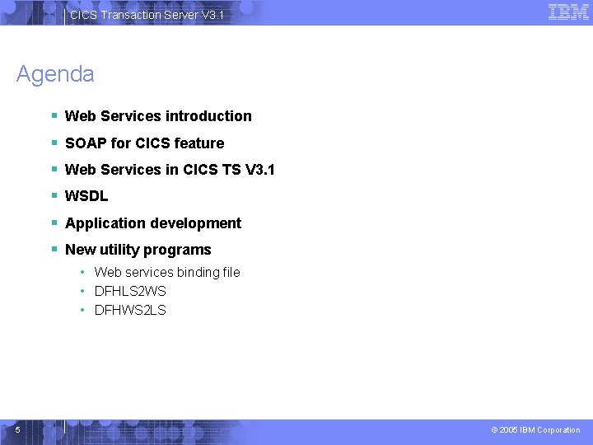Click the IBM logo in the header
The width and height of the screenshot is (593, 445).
point(568,12)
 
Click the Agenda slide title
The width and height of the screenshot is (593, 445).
point(55,74)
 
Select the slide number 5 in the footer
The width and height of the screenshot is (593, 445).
point(17,429)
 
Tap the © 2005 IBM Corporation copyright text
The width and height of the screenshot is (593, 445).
point(535,429)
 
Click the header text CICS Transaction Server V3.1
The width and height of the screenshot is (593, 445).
point(147,15)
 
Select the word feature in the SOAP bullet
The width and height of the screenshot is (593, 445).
point(198,143)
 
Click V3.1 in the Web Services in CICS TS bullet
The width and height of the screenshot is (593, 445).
point(260,170)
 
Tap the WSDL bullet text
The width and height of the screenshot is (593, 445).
point(86,196)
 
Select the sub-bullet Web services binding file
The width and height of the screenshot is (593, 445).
point(167,272)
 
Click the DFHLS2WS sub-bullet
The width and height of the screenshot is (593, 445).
point(130,291)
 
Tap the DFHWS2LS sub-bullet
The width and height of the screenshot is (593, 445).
point(130,310)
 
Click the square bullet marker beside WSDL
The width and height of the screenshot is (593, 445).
point(54,196)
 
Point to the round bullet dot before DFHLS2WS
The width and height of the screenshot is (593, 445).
point(84,291)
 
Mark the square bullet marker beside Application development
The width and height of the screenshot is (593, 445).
point(54,223)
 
